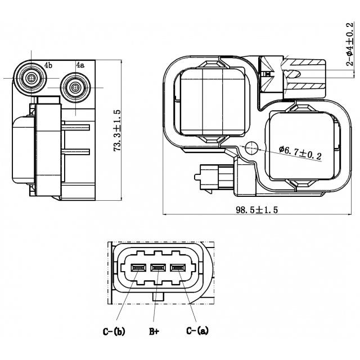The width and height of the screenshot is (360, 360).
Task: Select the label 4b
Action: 48,65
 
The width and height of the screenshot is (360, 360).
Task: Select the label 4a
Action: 80,65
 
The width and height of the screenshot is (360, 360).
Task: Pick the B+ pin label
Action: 155,331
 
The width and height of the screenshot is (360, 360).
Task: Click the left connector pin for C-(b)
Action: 138,268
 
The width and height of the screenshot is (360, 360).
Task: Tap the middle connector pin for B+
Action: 158,268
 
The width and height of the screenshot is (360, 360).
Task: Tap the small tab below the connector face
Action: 158,296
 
